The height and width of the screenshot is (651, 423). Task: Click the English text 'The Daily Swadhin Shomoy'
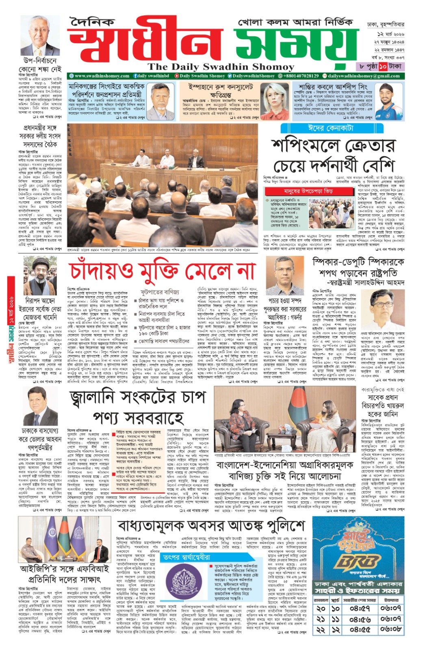[221, 67]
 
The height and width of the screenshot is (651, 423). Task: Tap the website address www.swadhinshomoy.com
[102, 76]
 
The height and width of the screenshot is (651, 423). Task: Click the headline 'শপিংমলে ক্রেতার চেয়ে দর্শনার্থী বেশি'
[333, 155]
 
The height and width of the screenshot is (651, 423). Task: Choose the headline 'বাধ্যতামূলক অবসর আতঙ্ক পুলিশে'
[210, 526]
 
